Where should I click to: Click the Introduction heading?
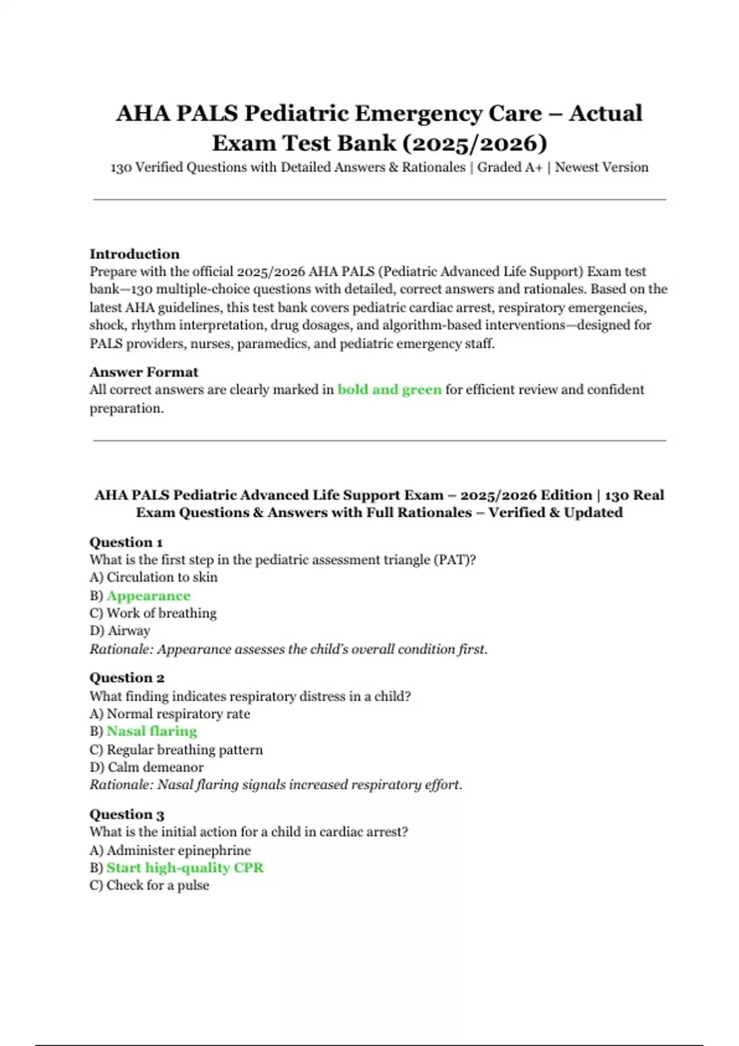[x=134, y=254]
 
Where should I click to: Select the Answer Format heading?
[x=143, y=372]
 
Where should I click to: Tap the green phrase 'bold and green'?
[x=389, y=389]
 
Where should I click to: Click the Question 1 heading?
[x=126, y=542]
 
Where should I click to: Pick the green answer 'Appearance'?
[x=148, y=596]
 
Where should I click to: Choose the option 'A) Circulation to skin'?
[x=153, y=577]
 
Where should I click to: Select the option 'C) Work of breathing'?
[x=153, y=613]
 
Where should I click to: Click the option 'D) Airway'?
[x=119, y=631]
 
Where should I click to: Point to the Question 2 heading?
[x=127, y=677]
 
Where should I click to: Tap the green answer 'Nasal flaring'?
[x=151, y=731]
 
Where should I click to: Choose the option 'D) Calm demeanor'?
[x=146, y=767]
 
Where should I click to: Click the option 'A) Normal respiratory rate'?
[x=169, y=714]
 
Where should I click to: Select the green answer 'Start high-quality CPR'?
[x=185, y=868]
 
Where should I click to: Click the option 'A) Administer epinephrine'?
[x=170, y=850]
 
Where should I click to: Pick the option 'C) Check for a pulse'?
[x=149, y=885]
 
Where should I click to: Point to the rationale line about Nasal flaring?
[x=276, y=785]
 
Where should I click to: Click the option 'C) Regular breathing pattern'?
[x=176, y=749]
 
